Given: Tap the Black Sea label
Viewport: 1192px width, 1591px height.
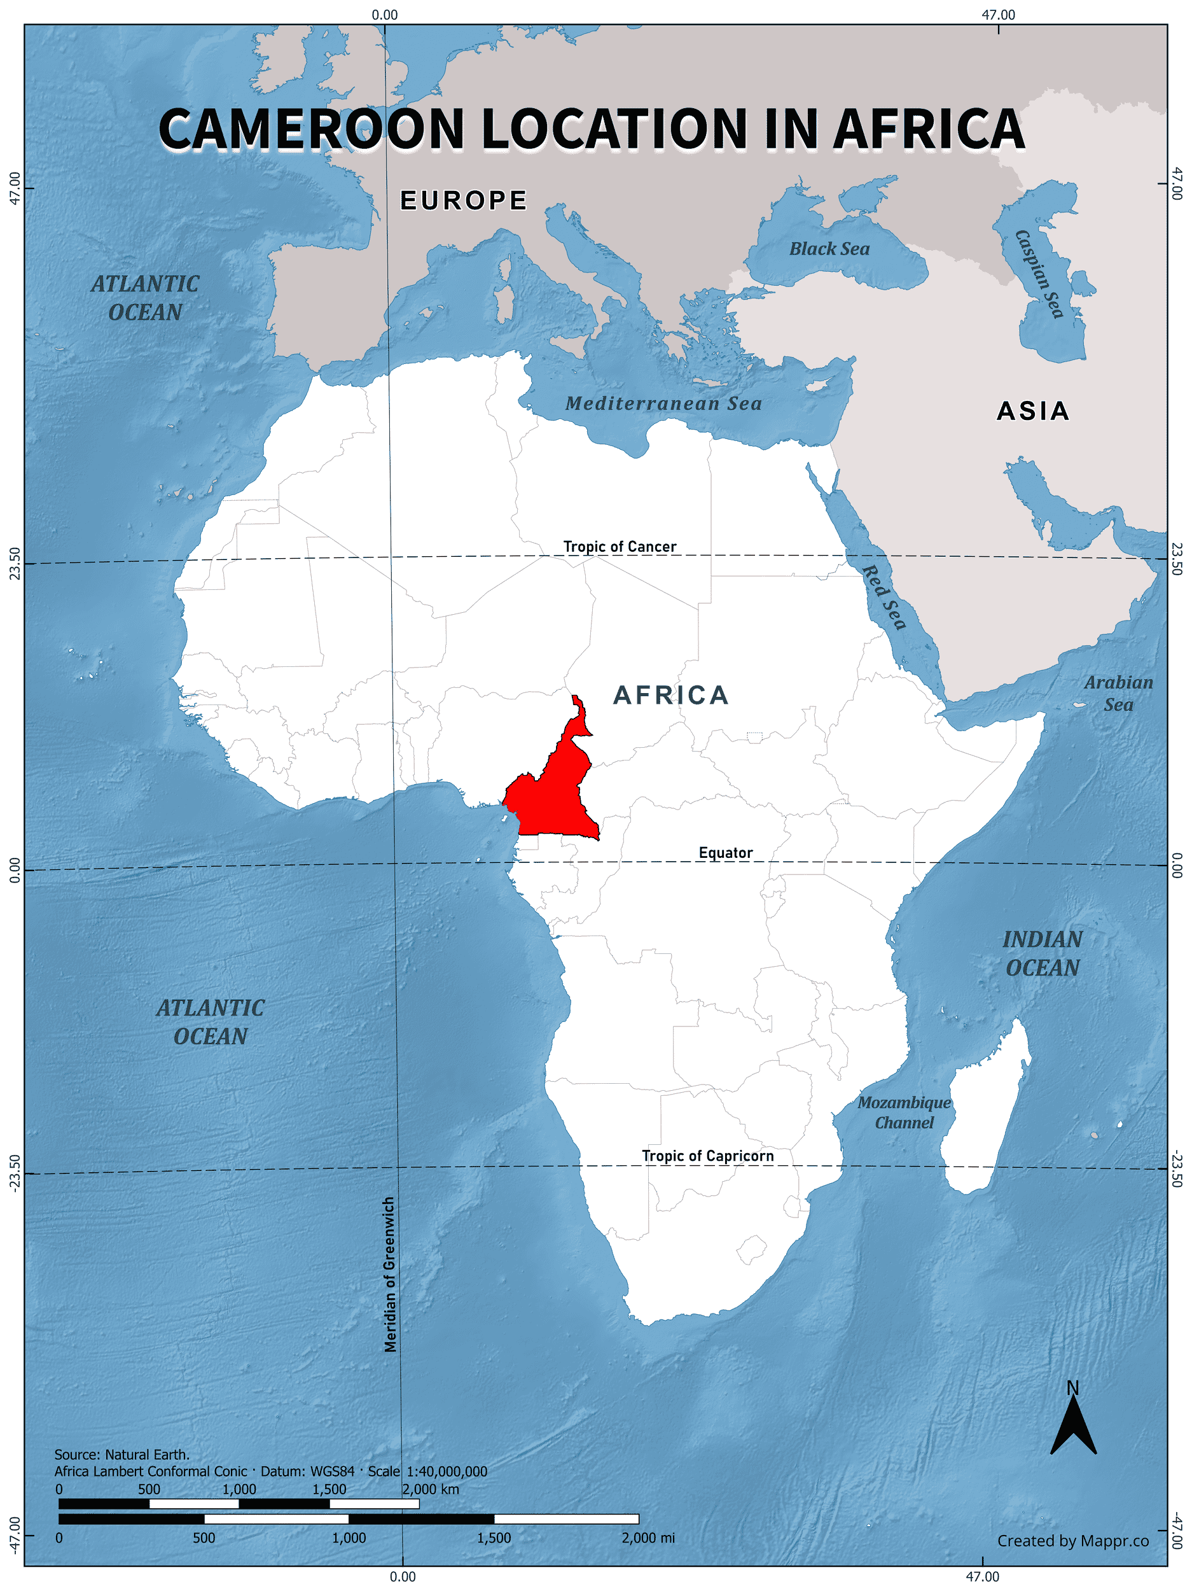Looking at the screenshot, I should [829, 249].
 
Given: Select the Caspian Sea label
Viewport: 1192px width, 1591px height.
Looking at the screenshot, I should [1039, 274].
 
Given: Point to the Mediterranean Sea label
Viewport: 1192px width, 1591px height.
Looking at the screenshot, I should [663, 403].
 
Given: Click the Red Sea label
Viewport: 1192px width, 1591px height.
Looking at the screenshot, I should [884, 596].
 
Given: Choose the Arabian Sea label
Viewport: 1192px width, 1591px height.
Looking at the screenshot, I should [1118, 694].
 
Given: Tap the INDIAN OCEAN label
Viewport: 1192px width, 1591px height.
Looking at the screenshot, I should [1043, 954].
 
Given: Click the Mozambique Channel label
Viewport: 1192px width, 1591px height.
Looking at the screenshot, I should [904, 1112].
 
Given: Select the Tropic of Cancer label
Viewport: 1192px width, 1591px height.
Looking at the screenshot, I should [619, 547].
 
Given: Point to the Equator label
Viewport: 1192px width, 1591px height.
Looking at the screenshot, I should [725, 853].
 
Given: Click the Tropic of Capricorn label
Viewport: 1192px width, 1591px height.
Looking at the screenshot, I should [707, 1156].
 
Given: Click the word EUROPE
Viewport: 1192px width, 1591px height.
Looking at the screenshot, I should [464, 200].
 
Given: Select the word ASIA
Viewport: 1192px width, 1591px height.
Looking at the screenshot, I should [1033, 411].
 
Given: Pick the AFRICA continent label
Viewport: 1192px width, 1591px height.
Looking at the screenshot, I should [671, 696].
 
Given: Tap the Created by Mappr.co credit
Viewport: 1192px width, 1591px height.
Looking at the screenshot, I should [1072, 1541].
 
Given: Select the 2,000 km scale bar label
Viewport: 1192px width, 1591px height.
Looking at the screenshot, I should [430, 1489].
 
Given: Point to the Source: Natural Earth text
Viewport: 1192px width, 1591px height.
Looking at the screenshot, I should [122, 1454].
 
